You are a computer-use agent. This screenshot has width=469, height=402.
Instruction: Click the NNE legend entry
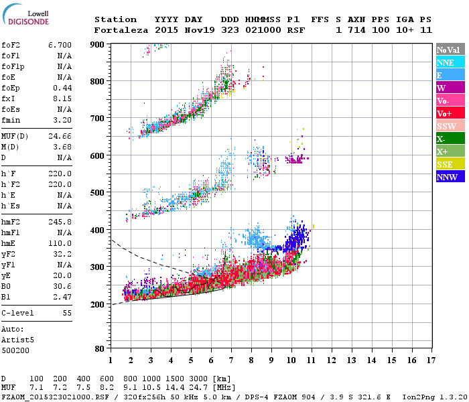(x=450, y=62)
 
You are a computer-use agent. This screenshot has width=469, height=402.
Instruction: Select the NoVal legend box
(x=450, y=50)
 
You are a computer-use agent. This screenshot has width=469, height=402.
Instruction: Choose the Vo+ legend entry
(x=450, y=113)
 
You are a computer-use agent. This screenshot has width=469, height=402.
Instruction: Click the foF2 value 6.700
(x=60, y=46)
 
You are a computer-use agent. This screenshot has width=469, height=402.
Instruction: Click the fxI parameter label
(x=9, y=98)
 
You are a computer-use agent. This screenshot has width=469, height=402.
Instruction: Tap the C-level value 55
(x=66, y=313)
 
